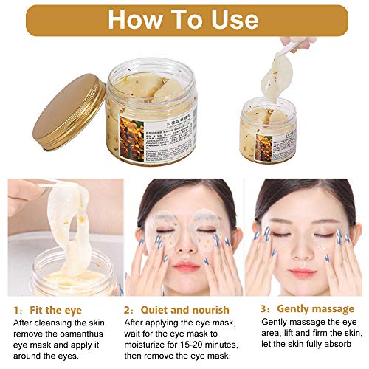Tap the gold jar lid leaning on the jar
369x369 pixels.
(69, 111)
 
